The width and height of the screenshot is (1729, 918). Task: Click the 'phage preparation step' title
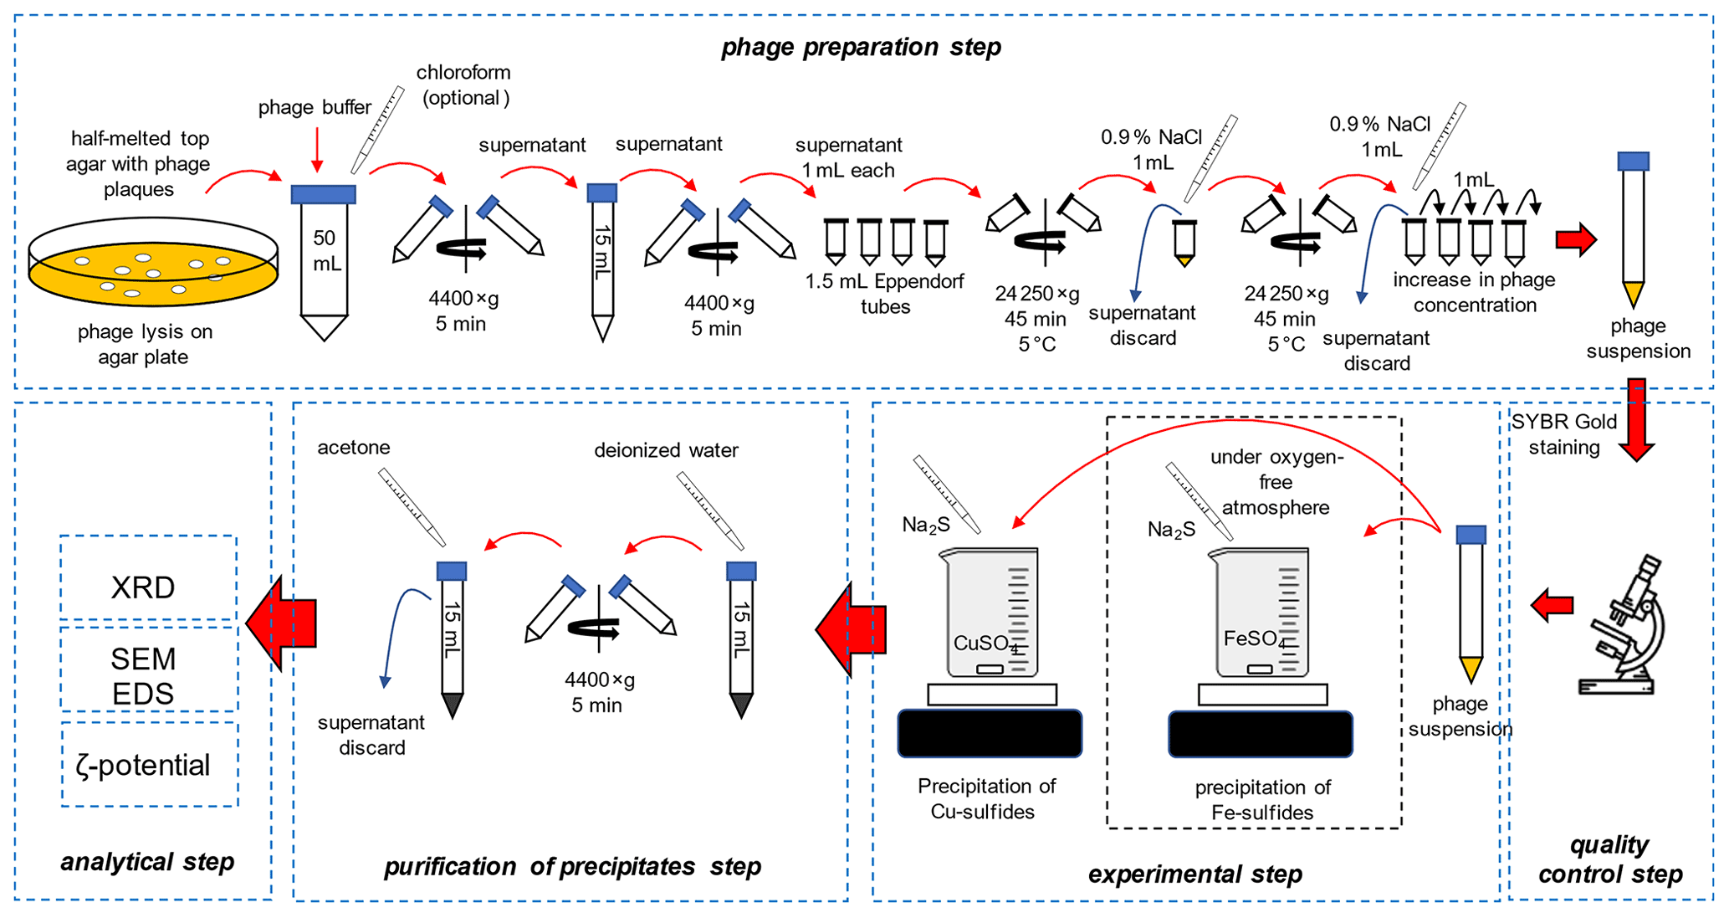click(x=861, y=47)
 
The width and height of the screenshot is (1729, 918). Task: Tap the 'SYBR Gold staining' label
click(x=1563, y=433)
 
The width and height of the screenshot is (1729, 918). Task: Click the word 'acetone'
click(x=353, y=448)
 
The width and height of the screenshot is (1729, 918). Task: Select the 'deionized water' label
click(x=666, y=450)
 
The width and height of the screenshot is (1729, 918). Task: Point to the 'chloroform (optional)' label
click(x=464, y=85)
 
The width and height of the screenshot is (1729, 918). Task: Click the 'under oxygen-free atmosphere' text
click(x=1276, y=482)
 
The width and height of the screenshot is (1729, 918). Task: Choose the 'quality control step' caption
click(x=1609, y=859)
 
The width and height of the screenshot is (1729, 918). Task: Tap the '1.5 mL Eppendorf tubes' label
click(x=885, y=294)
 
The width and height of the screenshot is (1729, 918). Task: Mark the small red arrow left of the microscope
click(x=1553, y=604)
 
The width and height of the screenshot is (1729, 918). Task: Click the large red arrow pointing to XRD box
click(x=282, y=623)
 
